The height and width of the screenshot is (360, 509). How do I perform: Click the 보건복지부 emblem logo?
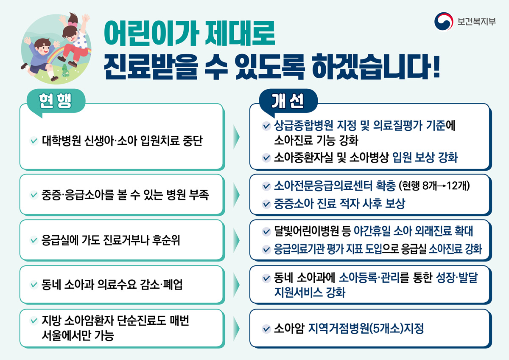click(444, 21)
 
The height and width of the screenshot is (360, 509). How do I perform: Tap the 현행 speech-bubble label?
click(56, 101)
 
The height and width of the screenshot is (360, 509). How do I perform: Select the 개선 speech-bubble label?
click(288, 101)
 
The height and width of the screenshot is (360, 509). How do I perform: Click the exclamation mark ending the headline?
click(436, 67)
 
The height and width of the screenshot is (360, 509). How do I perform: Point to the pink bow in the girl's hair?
click(73, 24)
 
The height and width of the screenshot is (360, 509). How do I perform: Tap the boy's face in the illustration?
click(43, 49)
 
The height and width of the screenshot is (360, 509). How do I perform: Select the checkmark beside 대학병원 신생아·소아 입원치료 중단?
click(34, 141)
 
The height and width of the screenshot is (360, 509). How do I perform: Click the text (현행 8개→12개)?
click(434, 186)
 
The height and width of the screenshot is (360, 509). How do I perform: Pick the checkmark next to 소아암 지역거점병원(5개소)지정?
click(266, 329)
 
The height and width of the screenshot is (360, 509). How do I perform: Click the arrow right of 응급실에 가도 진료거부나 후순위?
click(236, 240)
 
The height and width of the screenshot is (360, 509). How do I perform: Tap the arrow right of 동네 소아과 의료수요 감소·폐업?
click(236, 285)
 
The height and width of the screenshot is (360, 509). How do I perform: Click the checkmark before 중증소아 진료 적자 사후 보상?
click(266, 204)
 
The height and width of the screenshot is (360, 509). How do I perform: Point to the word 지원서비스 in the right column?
click(298, 292)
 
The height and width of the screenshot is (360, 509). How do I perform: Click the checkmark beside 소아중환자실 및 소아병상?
click(266, 157)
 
